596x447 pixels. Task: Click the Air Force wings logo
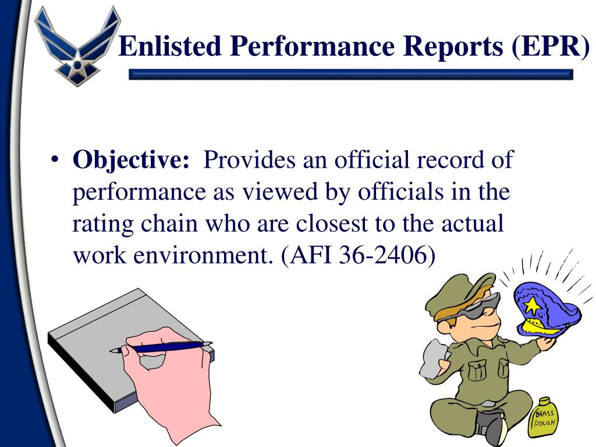77,45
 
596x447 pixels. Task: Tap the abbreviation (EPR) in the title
551,47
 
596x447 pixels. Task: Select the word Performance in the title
312,47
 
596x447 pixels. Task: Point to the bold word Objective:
131,160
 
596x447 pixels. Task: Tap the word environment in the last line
203,255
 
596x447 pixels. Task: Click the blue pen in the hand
161,347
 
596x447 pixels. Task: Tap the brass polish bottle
544,418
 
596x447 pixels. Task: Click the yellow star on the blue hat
532,306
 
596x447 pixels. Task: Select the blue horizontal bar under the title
351,74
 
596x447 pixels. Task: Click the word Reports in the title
453,47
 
